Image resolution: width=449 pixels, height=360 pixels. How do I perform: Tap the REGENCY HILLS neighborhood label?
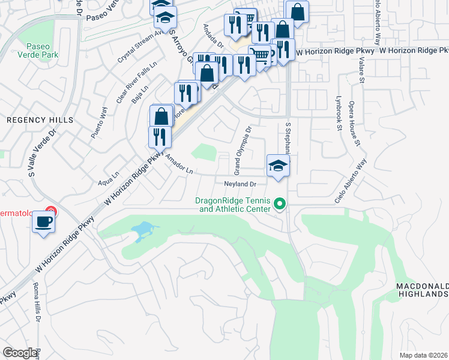pyautogui.click(x=40, y=120)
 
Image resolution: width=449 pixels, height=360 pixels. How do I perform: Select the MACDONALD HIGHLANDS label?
pyautogui.click(x=422, y=290)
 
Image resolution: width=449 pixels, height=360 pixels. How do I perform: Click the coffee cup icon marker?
pyautogui.click(x=43, y=223)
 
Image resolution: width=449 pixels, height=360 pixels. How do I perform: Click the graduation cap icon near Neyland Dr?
pyautogui.click(x=278, y=167)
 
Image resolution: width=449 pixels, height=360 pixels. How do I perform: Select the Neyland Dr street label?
pyautogui.click(x=240, y=184)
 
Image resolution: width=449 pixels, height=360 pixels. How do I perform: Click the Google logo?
pyautogui.click(x=20, y=353)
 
